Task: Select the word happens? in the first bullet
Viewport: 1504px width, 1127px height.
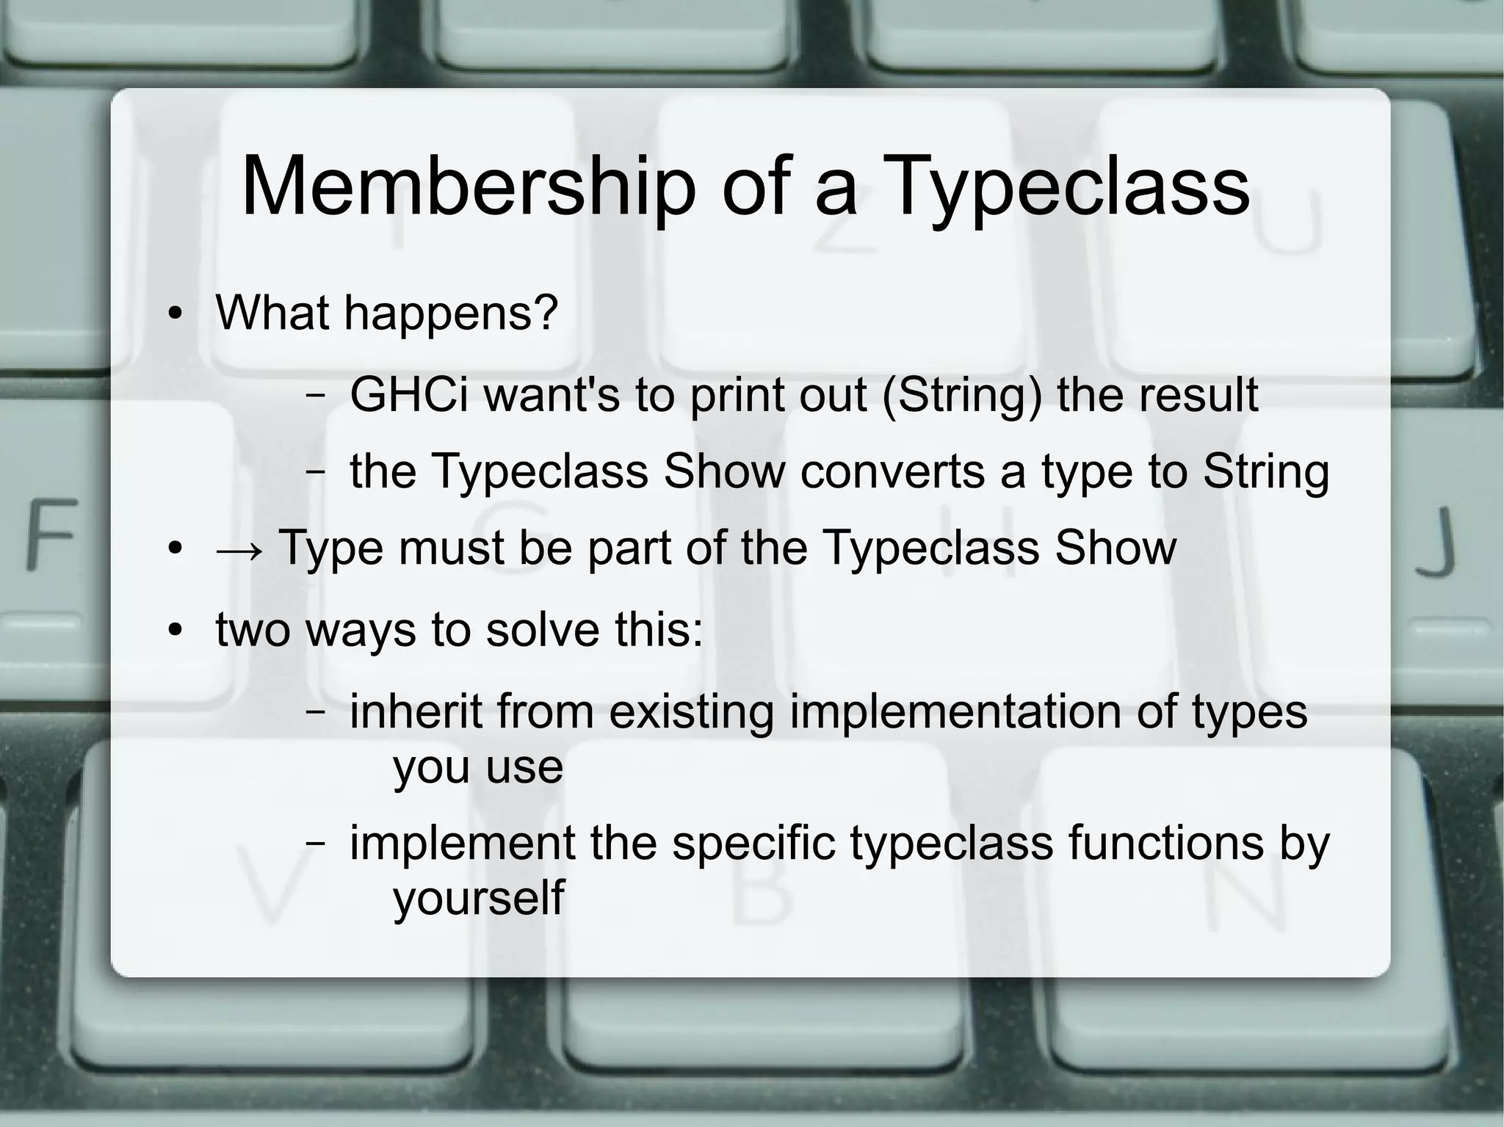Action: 451,314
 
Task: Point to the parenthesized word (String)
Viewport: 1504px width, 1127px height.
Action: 961,395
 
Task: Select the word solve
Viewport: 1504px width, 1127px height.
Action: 543,630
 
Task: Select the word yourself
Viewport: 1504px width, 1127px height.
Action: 479,897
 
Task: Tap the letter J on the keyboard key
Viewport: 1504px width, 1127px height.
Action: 1436,540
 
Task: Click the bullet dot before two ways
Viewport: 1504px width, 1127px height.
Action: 174,631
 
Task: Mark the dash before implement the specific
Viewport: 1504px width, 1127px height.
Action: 316,844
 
